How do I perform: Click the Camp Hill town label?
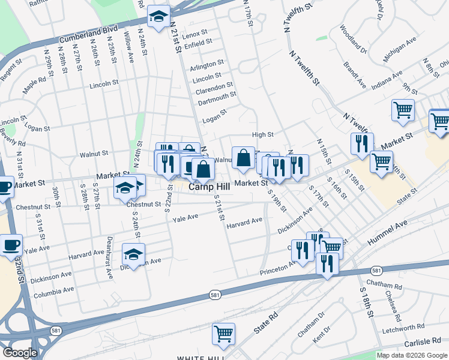pyautogui.click(x=210, y=187)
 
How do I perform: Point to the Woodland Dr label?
pyautogui.click(x=352, y=39)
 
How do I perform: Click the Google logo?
pyautogui.click(x=20, y=353)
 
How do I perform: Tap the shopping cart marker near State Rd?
pyautogui.click(x=223, y=334)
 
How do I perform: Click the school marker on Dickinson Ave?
pyautogui.click(x=133, y=253)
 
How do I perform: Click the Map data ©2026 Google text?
pyautogui.click(x=412, y=355)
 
